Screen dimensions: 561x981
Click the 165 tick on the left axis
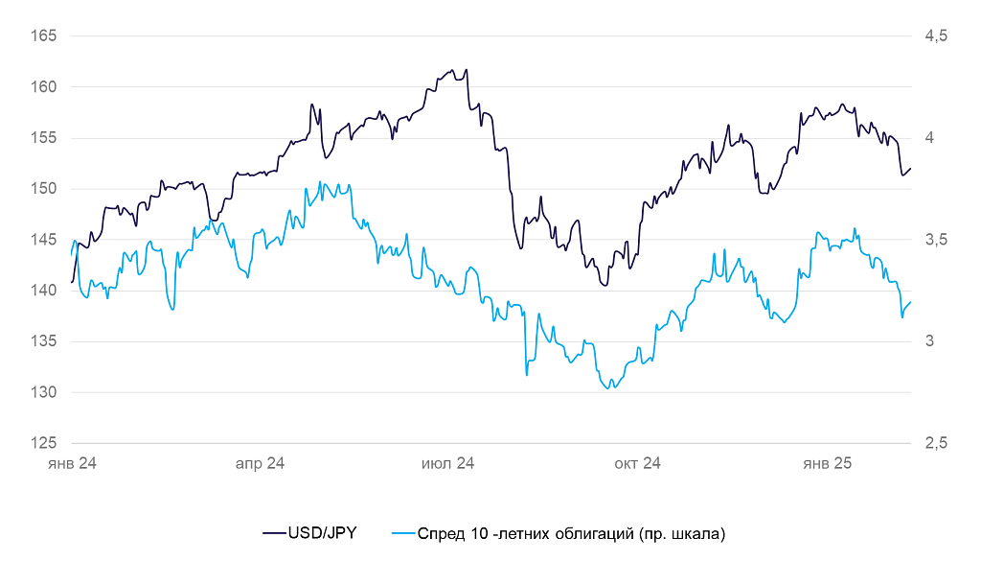[45, 36]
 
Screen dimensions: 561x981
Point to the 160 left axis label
[45, 87]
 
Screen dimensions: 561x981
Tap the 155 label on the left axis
[45, 138]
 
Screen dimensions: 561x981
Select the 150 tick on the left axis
[45, 189]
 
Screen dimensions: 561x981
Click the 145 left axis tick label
[45, 240]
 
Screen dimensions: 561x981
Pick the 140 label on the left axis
[45, 291]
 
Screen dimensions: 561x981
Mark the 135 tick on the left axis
[45, 341]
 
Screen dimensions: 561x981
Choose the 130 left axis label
[45, 392]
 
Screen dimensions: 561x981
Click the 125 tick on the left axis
[45, 443]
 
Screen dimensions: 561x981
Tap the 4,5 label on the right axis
[935, 36]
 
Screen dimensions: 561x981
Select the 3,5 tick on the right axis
[935, 240]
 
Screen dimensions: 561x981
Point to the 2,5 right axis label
[935, 443]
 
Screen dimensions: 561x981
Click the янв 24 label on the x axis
[72, 463]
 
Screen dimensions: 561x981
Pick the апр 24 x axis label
[260, 463]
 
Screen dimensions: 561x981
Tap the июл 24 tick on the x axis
[448, 463]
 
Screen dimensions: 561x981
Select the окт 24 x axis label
[637, 463]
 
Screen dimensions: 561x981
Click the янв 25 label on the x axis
[827, 463]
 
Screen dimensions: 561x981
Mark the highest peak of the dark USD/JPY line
[466, 69]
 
